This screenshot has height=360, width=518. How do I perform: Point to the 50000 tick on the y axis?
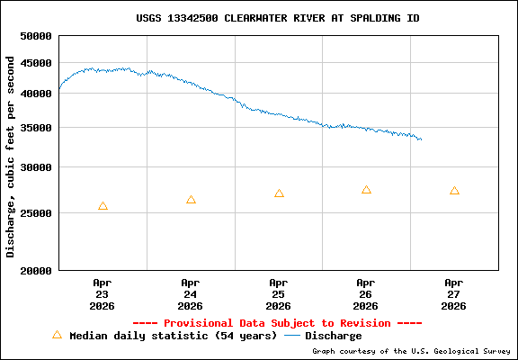click(x=37, y=37)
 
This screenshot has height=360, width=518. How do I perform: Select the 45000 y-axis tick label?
click(x=37, y=63)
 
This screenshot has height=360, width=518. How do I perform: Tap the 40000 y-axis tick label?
click(x=37, y=93)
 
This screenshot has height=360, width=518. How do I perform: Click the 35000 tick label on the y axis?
click(x=37, y=128)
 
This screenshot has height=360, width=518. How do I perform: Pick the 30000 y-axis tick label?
click(x=37, y=167)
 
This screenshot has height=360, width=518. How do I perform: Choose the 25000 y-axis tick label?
click(x=37, y=213)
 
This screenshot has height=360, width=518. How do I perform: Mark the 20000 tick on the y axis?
click(x=37, y=270)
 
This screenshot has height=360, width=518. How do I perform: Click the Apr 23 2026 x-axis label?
click(x=103, y=293)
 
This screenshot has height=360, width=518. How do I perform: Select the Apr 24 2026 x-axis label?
click(x=191, y=293)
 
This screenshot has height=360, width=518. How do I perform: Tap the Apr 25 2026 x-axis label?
click(x=279, y=293)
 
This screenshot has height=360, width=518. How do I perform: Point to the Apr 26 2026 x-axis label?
click(x=366, y=293)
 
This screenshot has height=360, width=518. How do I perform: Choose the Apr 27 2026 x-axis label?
click(x=454, y=293)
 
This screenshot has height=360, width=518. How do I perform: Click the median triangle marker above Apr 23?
click(x=103, y=206)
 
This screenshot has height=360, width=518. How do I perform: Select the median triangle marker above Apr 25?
click(x=279, y=193)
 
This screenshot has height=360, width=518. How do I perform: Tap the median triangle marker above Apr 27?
click(x=454, y=191)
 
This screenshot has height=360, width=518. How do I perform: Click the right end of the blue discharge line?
click(x=421, y=139)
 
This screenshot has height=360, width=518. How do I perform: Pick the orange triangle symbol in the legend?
click(x=57, y=335)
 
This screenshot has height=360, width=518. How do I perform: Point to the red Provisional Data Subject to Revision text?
click(x=277, y=322)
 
